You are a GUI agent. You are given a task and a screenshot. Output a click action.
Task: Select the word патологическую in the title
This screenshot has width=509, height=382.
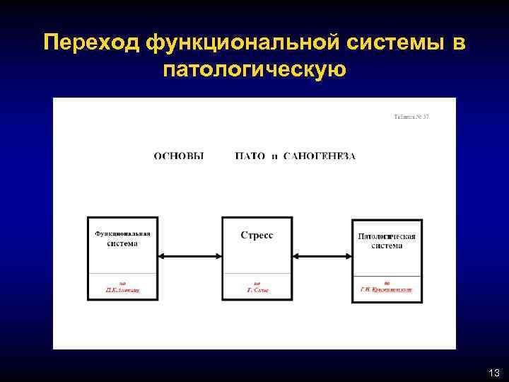click(x=254, y=70)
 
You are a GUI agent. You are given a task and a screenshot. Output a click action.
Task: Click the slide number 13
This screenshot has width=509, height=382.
click(x=493, y=372)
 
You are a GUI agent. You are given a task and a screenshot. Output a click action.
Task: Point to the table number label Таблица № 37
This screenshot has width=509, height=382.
click(x=411, y=116)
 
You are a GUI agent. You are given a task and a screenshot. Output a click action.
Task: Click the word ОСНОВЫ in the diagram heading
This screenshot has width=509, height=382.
click(x=179, y=156)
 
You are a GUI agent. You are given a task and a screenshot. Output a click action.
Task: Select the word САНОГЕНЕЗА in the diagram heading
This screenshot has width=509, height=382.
click(x=319, y=156)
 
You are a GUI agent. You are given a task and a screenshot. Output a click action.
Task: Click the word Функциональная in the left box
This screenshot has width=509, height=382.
click(x=122, y=234)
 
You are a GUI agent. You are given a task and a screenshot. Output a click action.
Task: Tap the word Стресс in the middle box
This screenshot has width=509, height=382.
click(x=257, y=236)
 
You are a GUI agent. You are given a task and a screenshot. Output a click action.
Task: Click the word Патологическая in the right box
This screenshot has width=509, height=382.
click(x=387, y=236)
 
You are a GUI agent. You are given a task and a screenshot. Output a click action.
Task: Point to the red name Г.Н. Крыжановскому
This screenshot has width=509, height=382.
click(x=387, y=290)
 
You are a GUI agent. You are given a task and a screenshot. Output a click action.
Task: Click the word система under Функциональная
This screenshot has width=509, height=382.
click(x=122, y=244)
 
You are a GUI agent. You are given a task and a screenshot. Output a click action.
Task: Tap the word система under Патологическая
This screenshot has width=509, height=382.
click(x=387, y=245)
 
